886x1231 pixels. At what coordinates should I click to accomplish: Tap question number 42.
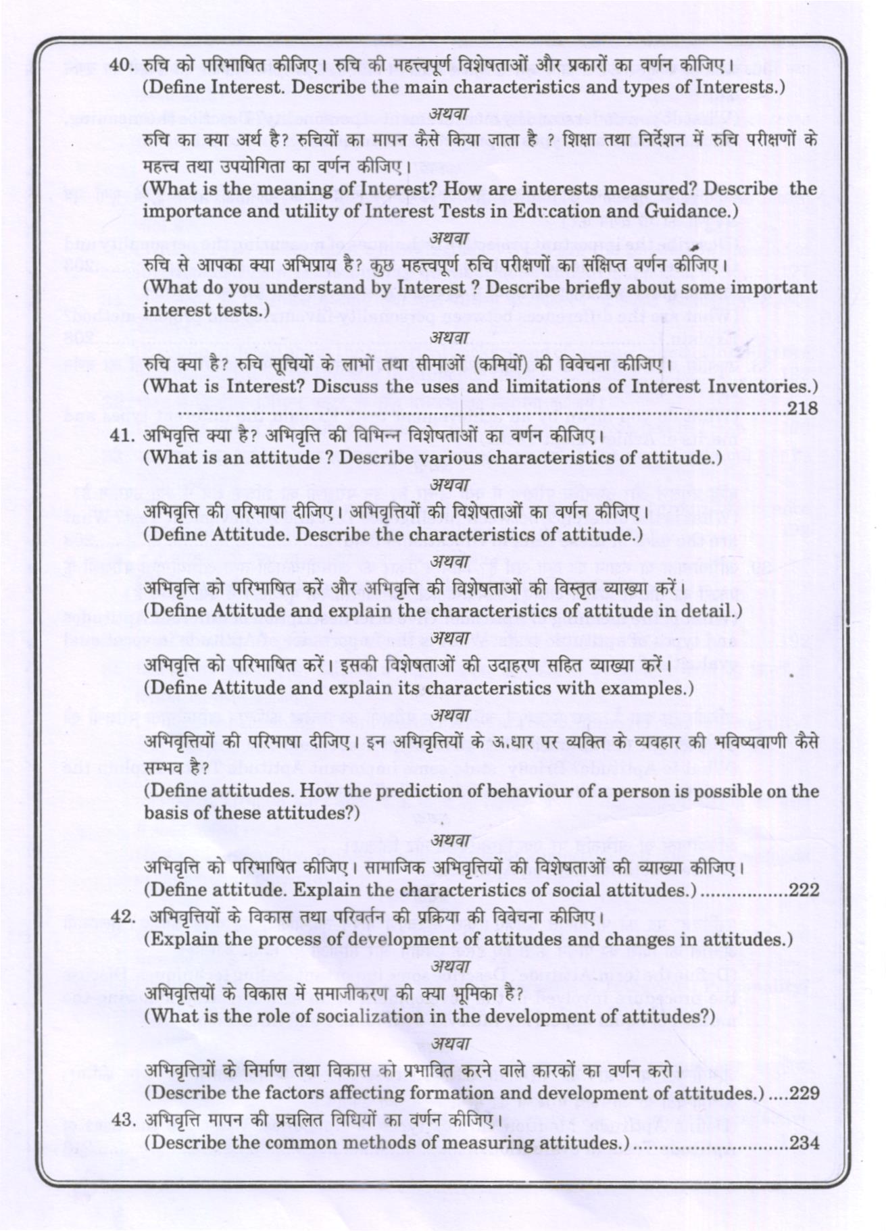point(122,917)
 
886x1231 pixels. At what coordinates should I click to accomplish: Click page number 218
point(803,408)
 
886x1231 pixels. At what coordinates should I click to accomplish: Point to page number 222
point(804,890)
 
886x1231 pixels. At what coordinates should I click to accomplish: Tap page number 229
point(804,1093)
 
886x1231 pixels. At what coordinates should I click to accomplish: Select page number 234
point(804,1143)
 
